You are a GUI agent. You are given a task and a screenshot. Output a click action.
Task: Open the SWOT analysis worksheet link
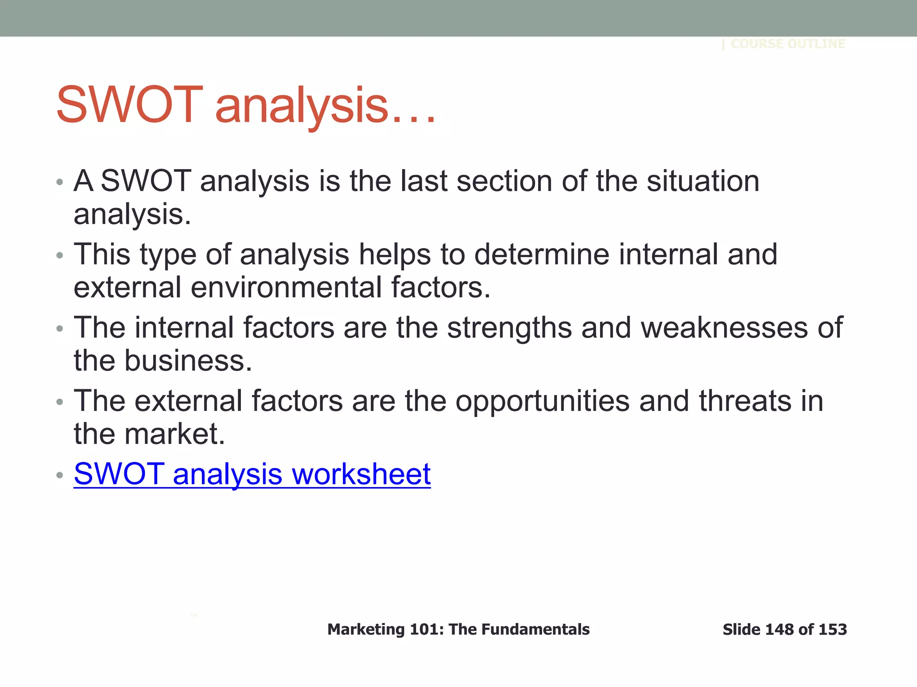[252, 474]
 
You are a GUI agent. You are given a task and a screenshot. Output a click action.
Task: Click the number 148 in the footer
[780, 629]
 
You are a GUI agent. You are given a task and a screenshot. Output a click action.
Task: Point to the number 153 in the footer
[832, 629]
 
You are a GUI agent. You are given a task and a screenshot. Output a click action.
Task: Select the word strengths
[510, 327]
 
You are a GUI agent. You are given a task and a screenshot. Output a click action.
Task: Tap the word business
[188, 360]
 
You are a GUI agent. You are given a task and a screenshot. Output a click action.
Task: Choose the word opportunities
[543, 401]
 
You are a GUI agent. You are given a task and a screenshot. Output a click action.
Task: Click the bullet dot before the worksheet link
[60, 475]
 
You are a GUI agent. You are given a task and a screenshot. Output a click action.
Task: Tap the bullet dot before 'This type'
[60, 255]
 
